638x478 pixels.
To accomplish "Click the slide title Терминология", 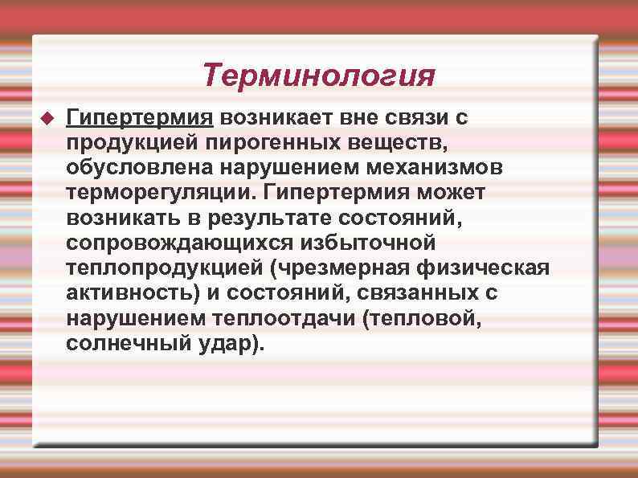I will (318, 76).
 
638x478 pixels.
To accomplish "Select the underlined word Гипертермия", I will (140, 118).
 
